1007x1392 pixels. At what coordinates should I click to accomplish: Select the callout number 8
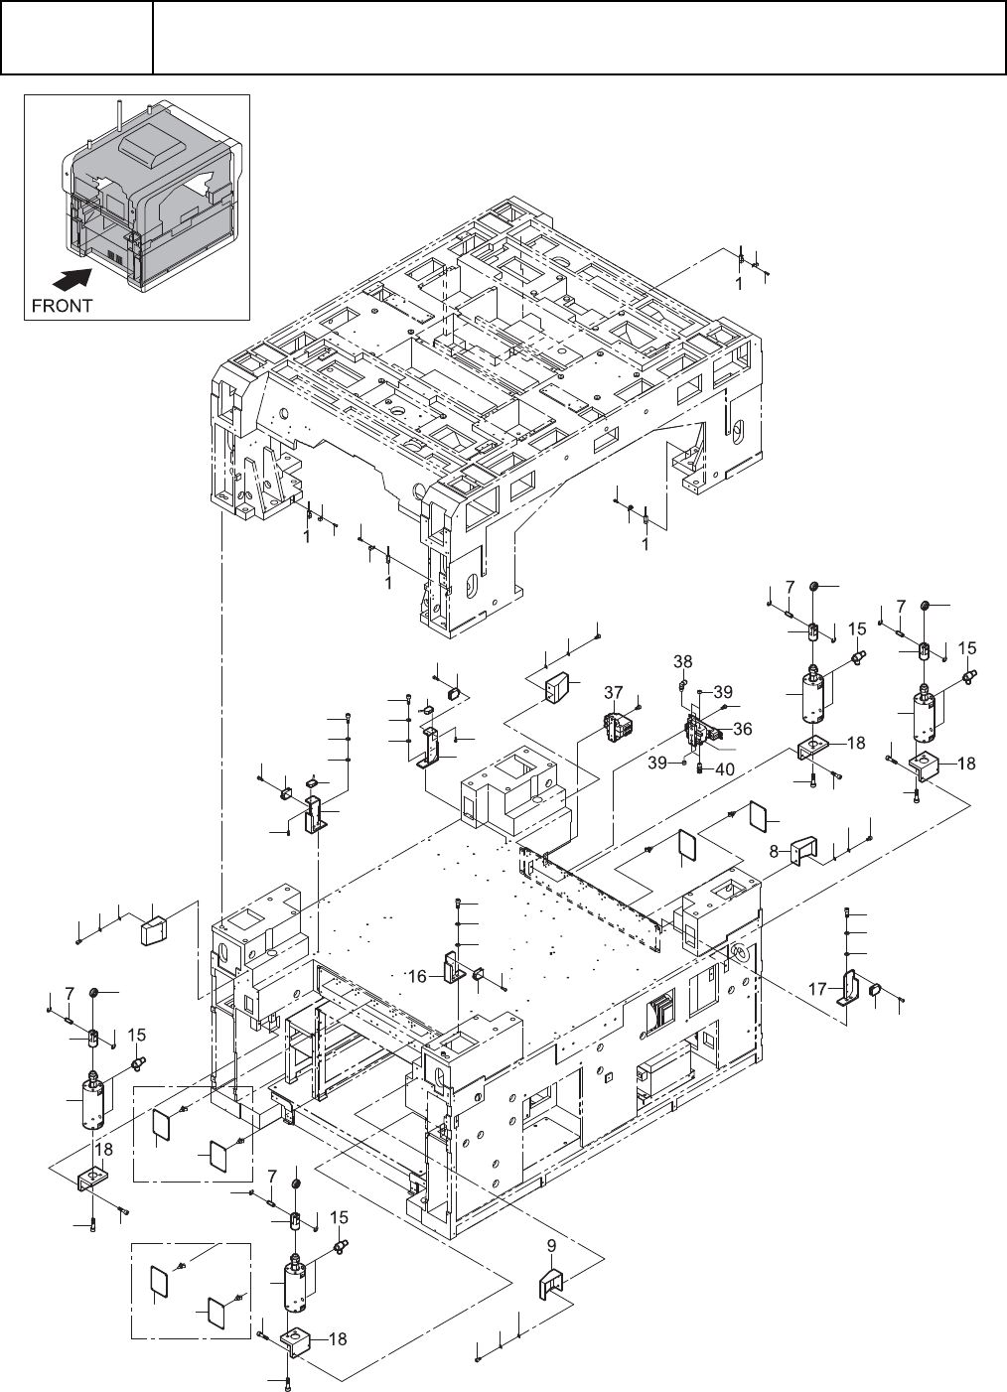tap(774, 851)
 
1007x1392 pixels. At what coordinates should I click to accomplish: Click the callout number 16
tap(418, 977)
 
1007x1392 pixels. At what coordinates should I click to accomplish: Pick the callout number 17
tap(817, 989)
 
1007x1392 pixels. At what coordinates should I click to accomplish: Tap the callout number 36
tap(742, 728)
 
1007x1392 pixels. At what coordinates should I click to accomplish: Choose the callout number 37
tap(613, 691)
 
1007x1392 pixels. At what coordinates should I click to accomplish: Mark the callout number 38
tap(682, 660)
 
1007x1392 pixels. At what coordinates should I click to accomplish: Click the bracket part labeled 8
tap(802, 851)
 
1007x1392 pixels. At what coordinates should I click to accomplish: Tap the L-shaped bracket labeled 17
tap(850, 989)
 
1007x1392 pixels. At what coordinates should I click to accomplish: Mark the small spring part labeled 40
tap(700, 766)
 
